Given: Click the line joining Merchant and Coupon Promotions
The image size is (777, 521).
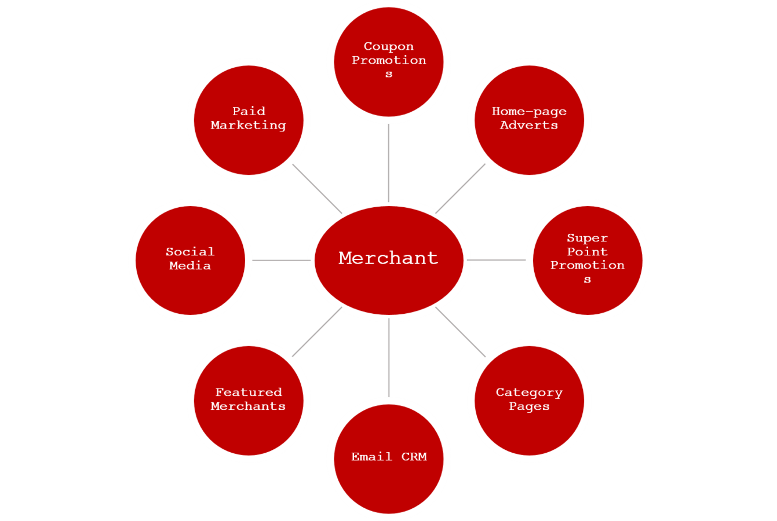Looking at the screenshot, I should click(x=389, y=162).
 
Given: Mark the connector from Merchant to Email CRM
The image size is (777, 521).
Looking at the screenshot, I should click(x=389, y=357).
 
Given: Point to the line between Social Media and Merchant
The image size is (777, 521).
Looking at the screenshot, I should click(x=281, y=260).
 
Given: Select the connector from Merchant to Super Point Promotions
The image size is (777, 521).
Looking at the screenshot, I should click(x=497, y=260).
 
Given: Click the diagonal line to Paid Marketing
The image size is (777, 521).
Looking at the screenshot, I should click(x=318, y=189).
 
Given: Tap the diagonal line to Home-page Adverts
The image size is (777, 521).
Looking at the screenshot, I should click(x=461, y=188).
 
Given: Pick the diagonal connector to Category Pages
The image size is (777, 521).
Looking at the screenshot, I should click(x=461, y=332).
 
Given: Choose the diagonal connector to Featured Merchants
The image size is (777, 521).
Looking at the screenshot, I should click(x=318, y=332).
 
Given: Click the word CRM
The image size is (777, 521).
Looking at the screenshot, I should click(x=414, y=457).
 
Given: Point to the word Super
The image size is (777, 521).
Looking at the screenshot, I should click(x=587, y=238).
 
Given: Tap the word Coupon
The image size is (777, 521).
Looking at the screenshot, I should click(x=389, y=46).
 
